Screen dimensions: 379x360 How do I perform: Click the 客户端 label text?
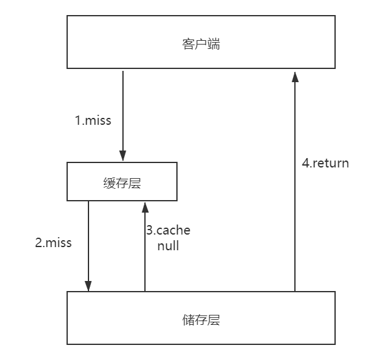[201, 44]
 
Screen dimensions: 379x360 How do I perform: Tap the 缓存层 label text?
[122, 183]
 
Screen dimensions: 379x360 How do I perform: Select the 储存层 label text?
[201, 320]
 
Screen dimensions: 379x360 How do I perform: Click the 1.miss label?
[93, 120]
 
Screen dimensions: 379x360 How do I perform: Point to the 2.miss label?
[53, 243]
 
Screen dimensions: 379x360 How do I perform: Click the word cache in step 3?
[173, 230]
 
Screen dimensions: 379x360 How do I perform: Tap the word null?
[168, 246]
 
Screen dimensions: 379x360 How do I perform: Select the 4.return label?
[325, 163]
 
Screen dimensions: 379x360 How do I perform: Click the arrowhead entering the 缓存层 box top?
[123, 156]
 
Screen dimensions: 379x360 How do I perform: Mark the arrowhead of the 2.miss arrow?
[88, 287]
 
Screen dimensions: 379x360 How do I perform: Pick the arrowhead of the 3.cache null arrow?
[145, 208]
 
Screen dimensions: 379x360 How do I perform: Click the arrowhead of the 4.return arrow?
[295, 77]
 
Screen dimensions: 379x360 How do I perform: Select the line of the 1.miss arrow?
[123, 116]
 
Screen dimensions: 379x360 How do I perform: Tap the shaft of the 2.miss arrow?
[88, 246]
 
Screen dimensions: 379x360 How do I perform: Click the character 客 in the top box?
[188, 44]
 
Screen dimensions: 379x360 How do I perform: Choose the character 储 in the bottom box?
[188, 320]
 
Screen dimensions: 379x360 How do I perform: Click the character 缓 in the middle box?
[109, 183]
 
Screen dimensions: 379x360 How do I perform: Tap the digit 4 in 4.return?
[306, 163]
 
